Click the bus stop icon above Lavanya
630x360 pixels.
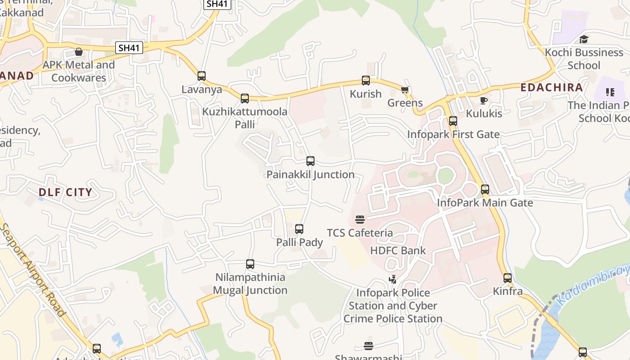click(x=202, y=76)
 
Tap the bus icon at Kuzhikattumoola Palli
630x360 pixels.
click(x=245, y=98)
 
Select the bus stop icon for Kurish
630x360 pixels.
click(x=366, y=81)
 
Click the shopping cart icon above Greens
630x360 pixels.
click(x=405, y=90)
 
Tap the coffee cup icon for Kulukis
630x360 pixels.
click(x=484, y=100)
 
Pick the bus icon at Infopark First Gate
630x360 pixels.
click(x=453, y=121)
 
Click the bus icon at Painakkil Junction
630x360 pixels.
click(x=310, y=161)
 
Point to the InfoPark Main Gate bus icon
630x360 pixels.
click(x=485, y=189)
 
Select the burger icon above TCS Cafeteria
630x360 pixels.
click(x=360, y=220)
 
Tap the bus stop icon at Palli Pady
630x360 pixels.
click(x=299, y=229)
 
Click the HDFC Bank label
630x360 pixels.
click(x=398, y=250)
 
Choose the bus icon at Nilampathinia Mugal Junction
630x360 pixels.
click(x=250, y=264)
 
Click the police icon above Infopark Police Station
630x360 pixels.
click(x=393, y=279)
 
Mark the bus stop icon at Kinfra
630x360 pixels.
click(x=508, y=278)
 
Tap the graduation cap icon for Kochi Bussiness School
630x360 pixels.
click(x=584, y=39)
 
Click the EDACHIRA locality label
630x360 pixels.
click(x=552, y=87)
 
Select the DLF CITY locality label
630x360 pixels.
click(x=65, y=193)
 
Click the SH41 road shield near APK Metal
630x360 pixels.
click(x=129, y=48)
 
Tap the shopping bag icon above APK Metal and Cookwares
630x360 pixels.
click(x=79, y=52)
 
